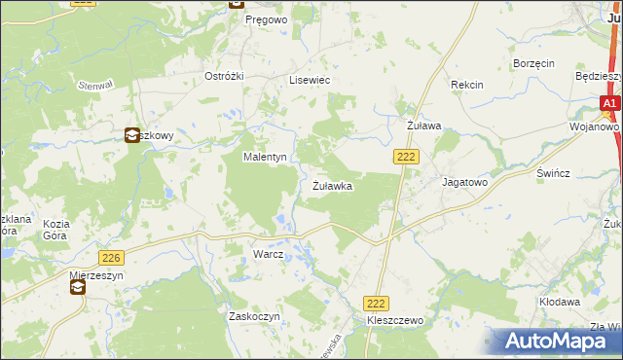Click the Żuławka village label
pyautogui.click(x=332, y=185)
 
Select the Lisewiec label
pyautogui.click(x=311, y=82)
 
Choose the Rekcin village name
pyautogui.click(x=467, y=86)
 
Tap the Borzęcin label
pyautogui.click(x=533, y=63)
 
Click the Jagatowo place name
pyautogui.click(x=464, y=182)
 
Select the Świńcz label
pyautogui.click(x=552, y=172)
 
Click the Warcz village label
pyautogui.click(x=268, y=255)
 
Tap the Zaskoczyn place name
pyautogui.click(x=254, y=316)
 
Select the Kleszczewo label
pyautogui.click(x=394, y=320)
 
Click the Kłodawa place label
pyautogui.click(x=560, y=303)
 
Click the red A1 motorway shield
pyautogui.click(x=610, y=103)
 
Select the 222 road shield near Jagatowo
pyautogui.click(x=407, y=157)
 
